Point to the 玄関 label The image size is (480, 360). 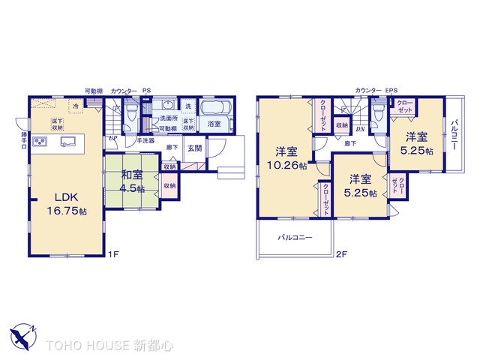194,148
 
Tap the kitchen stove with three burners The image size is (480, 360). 40,141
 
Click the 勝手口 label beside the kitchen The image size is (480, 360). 24,140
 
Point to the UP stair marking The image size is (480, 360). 112,139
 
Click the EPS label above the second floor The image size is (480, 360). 391,91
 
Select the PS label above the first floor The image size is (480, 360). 146,91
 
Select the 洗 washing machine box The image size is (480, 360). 188,106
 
